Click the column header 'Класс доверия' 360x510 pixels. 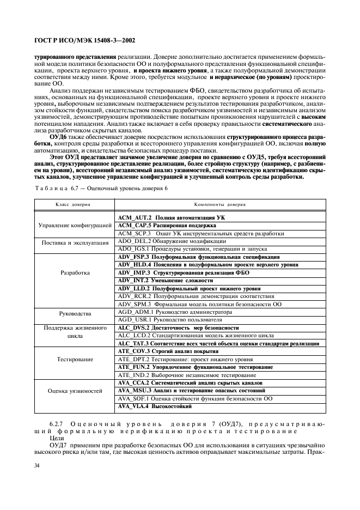click(73, 204)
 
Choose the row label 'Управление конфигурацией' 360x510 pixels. click(75, 225)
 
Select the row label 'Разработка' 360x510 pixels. click(75, 272)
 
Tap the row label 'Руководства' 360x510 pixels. click(75, 313)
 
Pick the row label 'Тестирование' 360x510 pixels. click(75, 359)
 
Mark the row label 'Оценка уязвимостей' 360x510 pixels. click(75, 391)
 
